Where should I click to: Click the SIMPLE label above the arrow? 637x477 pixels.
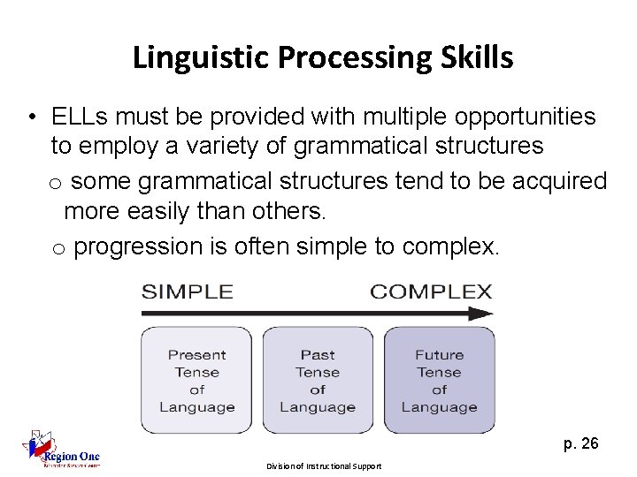click(188, 291)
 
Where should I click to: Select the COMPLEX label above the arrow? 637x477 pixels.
click(431, 291)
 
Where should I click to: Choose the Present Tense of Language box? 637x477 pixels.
click(197, 381)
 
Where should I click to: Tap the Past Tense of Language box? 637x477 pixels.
click(318, 381)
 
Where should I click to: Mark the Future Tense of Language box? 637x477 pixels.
click(439, 381)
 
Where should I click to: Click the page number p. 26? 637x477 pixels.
click(580, 443)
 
